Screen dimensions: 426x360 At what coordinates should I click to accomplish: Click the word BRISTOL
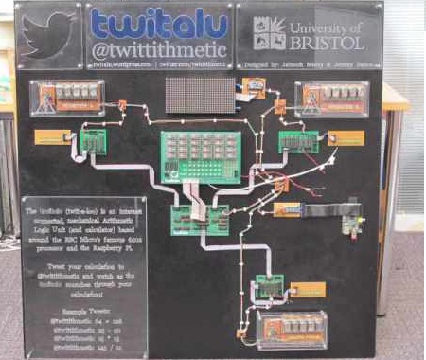[x=328, y=44]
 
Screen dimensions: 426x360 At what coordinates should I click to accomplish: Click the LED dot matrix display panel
[x=200, y=95]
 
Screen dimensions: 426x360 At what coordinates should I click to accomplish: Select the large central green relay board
[x=200, y=154]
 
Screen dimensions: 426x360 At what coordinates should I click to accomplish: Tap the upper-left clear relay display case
[x=70, y=97]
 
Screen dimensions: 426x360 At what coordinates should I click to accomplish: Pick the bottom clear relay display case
[x=291, y=328]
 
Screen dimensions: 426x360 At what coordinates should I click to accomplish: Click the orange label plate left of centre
[x=55, y=137]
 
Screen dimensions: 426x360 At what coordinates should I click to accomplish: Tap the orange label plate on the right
[x=345, y=138]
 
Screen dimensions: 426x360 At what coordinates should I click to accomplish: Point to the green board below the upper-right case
[x=296, y=141]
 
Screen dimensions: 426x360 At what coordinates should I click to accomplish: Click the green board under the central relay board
[x=199, y=221]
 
